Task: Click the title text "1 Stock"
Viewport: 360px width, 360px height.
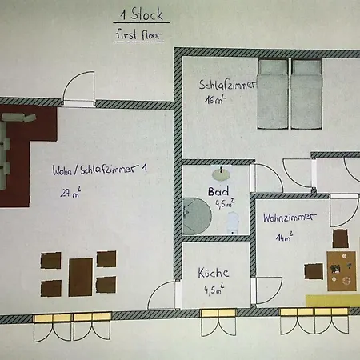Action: (142, 14)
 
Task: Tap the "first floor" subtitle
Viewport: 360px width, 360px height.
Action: (139, 34)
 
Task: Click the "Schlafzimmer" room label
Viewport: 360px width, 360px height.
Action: (227, 85)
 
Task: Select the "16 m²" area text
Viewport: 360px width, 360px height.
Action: (215, 100)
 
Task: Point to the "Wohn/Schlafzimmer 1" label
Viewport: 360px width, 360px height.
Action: (100, 170)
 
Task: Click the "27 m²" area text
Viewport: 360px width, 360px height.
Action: (70, 192)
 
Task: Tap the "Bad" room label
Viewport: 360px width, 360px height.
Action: (218, 191)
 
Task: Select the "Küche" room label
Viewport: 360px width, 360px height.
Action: (214, 273)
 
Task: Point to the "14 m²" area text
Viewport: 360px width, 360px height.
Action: (284, 237)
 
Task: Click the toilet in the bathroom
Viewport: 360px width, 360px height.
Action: (233, 222)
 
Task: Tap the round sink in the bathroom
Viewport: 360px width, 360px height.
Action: (222, 174)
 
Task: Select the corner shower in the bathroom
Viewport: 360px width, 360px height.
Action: (197, 216)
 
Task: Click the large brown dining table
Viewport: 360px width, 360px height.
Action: (81, 277)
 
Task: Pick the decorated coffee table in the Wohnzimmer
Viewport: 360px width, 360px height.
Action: (342, 271)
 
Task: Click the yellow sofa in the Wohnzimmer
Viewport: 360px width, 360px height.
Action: (333, 301)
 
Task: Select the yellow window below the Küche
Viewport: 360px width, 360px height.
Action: (218, 313)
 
